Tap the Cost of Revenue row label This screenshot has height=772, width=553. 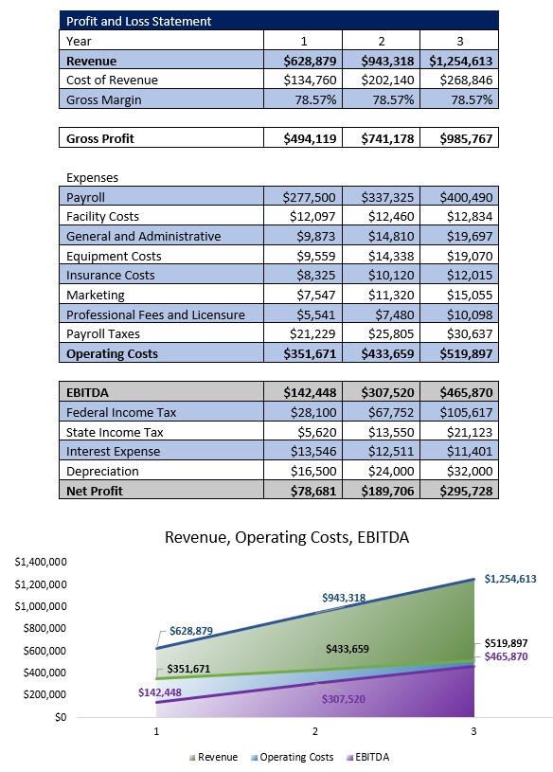112,80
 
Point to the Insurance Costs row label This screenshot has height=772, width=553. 110,276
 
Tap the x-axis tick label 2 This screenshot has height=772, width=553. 314,732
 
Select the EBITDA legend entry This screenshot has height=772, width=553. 369,757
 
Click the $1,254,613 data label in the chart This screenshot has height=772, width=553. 509,579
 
